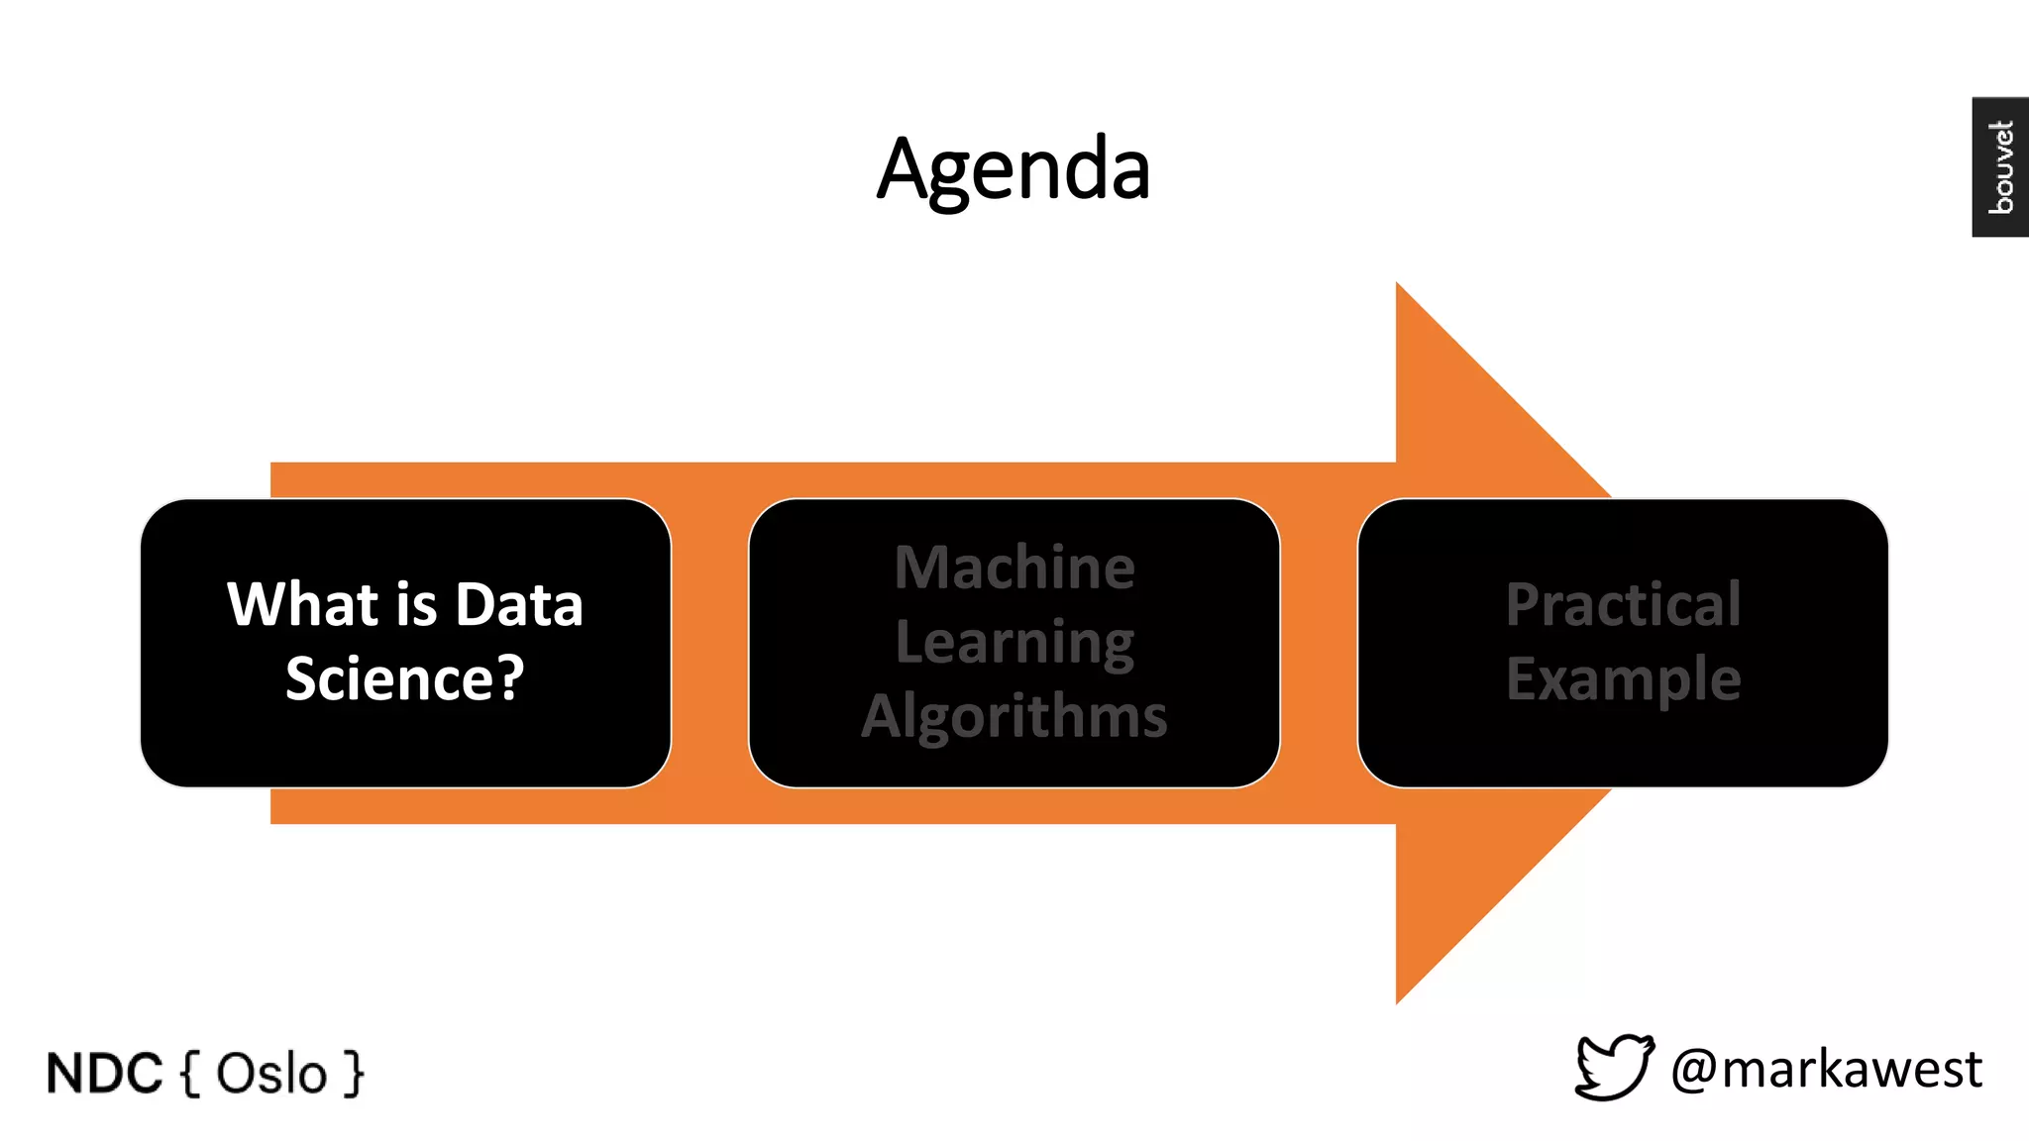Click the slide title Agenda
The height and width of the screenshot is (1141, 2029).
pos(1014,169)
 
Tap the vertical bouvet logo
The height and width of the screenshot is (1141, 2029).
pos(2000,166)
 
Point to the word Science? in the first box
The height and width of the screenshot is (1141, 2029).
pos(404,678)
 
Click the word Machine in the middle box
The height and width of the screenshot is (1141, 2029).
pos(1014,568)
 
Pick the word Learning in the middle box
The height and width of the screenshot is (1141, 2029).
pos(1014,642)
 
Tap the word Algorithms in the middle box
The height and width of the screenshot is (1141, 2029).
pos(1014,716)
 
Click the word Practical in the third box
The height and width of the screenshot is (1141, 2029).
pos(1623,604)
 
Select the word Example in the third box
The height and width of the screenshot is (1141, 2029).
pos(1623,679)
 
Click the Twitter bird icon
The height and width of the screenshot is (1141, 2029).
pos(1614,1068)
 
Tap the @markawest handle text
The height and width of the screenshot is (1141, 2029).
pos(1826,1070)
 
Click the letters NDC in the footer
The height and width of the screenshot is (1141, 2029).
pos(104,1074)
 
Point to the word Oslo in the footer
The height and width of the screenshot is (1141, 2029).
pos(271,1074)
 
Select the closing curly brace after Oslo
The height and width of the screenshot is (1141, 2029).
pos(354,1074)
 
